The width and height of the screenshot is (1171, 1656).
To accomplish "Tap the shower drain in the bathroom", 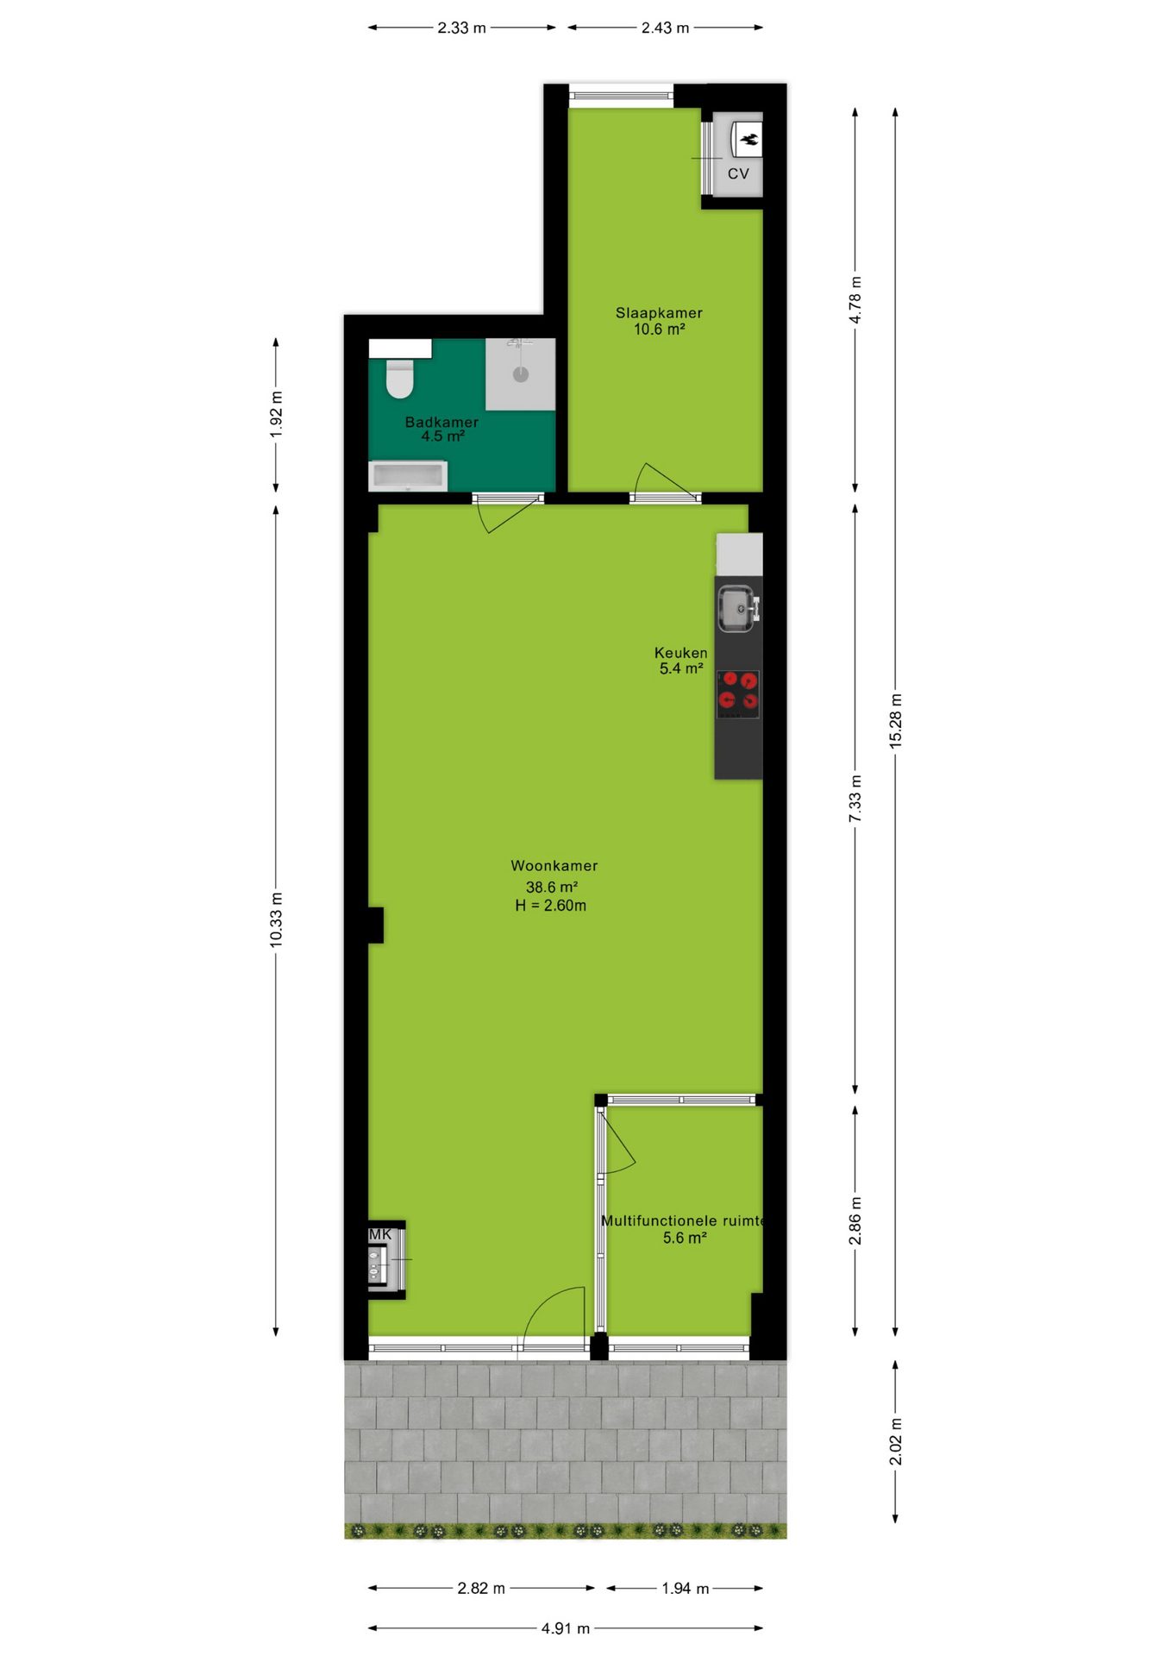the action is pos(520,374).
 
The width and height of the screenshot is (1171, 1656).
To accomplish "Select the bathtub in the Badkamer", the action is pos(408,476).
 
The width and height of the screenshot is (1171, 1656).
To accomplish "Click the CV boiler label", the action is pos(738,173).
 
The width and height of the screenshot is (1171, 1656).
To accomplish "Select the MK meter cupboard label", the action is pos(380,1234).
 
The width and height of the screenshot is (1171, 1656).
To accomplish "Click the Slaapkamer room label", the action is pos(659,313).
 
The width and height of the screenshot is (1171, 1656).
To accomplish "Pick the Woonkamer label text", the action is pos(554,866).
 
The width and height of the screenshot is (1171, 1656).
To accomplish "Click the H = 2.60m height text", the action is pos(551,906).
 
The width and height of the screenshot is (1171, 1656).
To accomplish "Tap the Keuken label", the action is pos(680,653).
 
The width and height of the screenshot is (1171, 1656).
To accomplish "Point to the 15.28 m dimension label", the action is pos(896,721).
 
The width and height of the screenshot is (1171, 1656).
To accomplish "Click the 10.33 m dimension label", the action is pos(276,920).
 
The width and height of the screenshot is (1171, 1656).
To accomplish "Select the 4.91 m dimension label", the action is pos(566,1628).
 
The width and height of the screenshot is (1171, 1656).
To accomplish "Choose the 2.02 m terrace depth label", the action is pos(896,1441).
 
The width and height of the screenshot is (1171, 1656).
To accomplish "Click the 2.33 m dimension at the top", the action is pos(461,28).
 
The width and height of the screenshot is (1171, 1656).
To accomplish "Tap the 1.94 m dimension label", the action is pos(686,1589).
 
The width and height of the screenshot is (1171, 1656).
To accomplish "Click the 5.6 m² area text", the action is pos(685,1238).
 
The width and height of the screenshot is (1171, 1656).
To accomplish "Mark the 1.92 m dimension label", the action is pos(276,415).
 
